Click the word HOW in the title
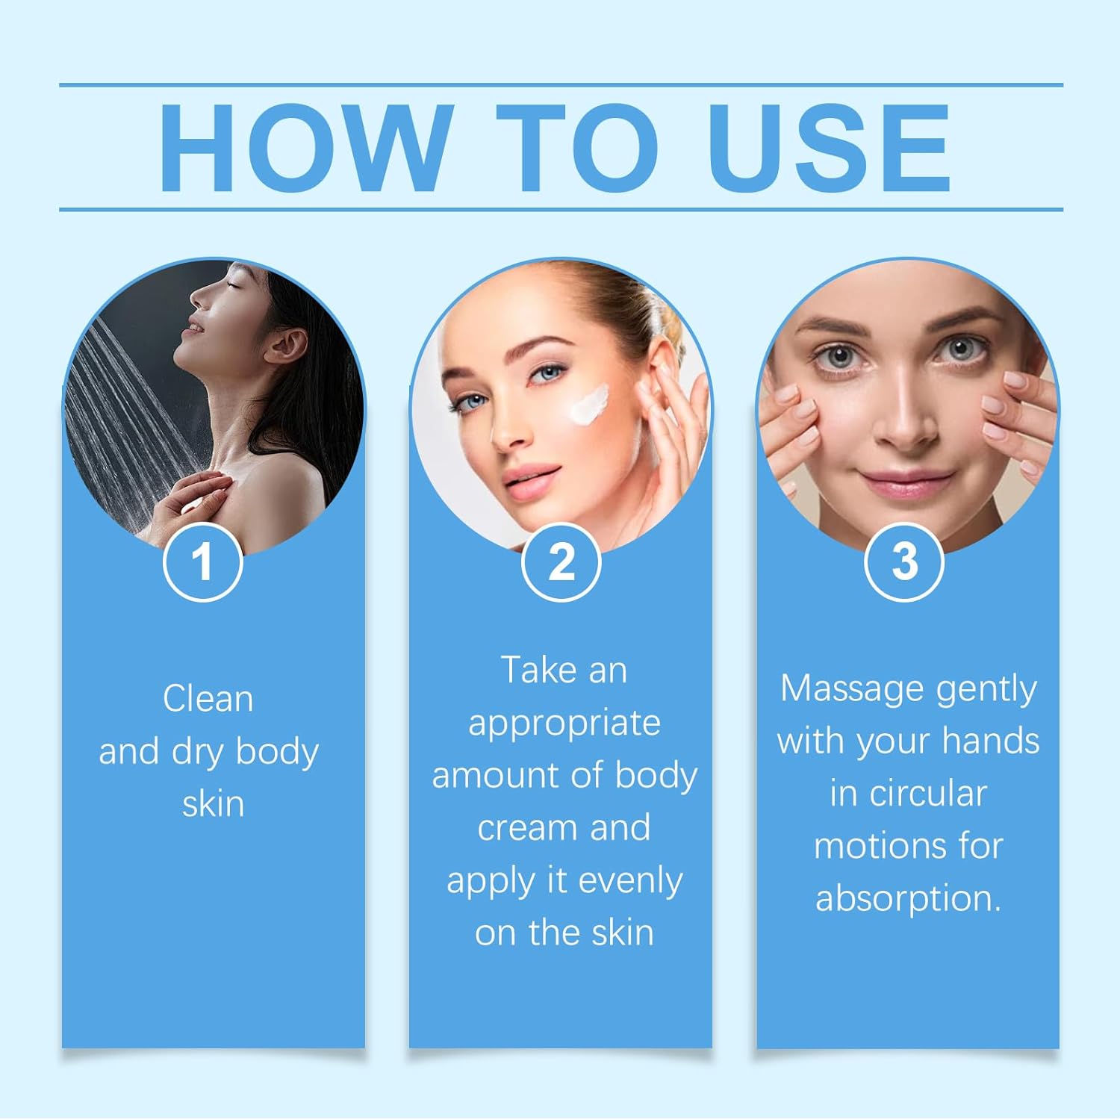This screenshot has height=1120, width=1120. pos(306,147)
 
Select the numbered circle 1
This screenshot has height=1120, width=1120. pos(202,561)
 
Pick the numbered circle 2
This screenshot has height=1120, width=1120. pos(561,561)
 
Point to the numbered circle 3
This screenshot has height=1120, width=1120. pos(904,561)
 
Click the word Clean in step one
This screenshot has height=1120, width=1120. pos(208,700)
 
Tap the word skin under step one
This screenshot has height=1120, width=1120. pos(214,804)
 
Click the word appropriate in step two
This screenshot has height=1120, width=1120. pos(564,724)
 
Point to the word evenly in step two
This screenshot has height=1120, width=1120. pos(631,880)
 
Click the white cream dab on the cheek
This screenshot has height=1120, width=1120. pos(588,404)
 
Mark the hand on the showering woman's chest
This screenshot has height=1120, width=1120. pos(190,499)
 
